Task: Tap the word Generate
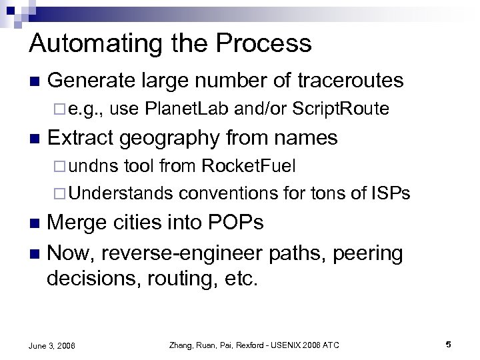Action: click(x=90, y=81)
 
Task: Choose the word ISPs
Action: click(x=390, y=193)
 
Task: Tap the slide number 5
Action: click(x=449, y=345)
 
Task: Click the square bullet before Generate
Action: click(x=33, y=82)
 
